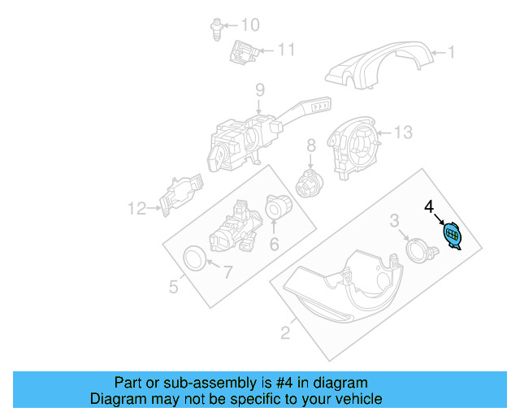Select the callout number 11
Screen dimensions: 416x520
click(x=285, y=50)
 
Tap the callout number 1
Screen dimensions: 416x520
click(x=453, y=54)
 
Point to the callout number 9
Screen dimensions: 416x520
click(x=260, y=89)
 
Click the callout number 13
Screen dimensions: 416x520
click(x=404, y=132)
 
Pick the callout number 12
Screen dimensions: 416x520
click(x=135, y=209)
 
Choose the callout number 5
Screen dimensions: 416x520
click(x=174, y=286)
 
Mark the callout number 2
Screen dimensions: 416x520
click(x=285, y=331)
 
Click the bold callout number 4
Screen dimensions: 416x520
click(x=430, y=207)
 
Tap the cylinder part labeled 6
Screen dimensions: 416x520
click(x=279, y=210)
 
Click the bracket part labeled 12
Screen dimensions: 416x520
click(x=182, y=196)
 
